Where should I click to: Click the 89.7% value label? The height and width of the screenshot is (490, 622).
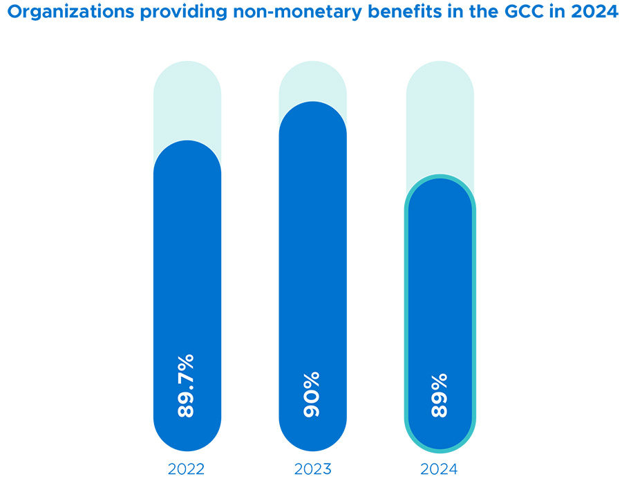pos(187,385)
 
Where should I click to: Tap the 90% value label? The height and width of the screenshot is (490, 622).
pos(312,394)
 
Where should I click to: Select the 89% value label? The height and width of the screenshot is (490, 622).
pos(440,395)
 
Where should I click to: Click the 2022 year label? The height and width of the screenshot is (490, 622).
pos(186,469)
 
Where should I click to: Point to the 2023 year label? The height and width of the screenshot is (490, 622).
pos(312,469)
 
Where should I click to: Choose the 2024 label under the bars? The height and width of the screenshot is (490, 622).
pos(439,469)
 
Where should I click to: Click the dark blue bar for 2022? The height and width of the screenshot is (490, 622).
pos(187,277)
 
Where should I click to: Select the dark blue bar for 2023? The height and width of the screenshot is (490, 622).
pos(312,263)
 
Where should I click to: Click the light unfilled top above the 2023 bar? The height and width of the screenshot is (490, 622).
pos(312,83)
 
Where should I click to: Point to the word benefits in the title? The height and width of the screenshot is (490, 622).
pos(394,14)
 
